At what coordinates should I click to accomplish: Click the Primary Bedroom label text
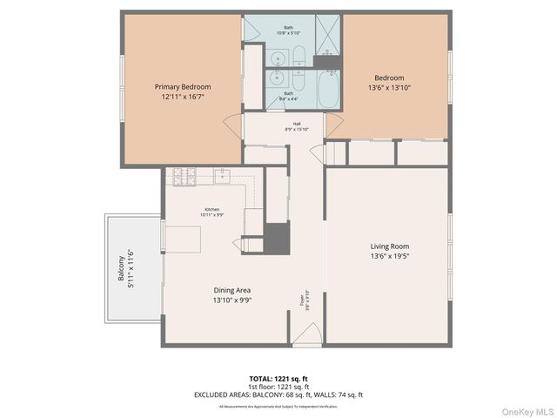click(183, 87)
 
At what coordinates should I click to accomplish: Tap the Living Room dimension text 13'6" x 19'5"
click(389, 256)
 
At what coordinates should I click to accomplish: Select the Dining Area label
click(232, 290)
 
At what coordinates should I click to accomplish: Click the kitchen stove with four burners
click(184, 176)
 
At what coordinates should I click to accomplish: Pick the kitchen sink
click(223, 176)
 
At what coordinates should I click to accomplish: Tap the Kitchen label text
click(212, 209)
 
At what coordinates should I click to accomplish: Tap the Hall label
click(296, 124)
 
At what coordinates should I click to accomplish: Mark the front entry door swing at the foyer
click(306, 334)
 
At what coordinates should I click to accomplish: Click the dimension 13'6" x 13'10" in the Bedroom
click(389, 87)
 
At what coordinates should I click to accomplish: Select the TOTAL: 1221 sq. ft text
click(278, 379)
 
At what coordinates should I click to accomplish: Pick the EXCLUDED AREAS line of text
click(278, 394)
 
